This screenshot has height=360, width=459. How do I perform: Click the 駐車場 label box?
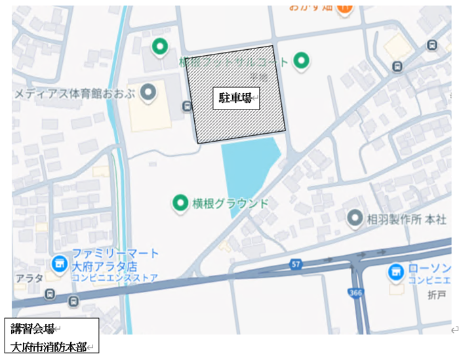coord(235,98)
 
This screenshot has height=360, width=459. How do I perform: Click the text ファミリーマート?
coord(115,253)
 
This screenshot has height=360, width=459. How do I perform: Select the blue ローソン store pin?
coord(395,270)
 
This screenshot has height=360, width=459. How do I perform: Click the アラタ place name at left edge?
coord(29,279)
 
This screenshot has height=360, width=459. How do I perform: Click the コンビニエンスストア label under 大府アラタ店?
coord(115,278)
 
